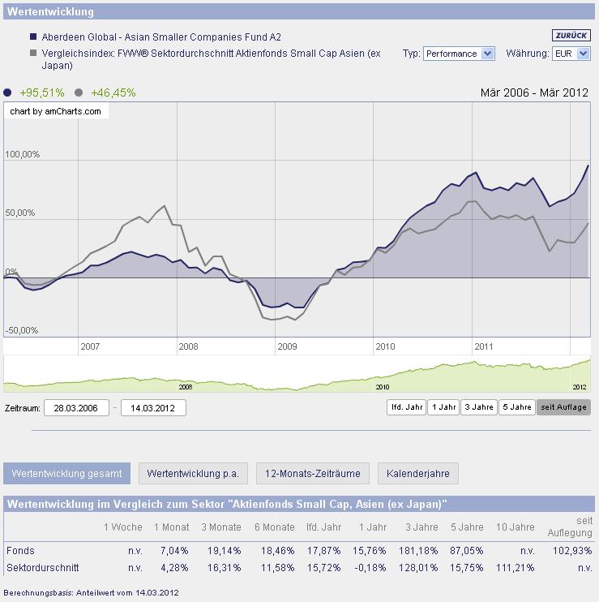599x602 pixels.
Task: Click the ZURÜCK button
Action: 571,36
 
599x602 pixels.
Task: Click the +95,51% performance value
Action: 41,92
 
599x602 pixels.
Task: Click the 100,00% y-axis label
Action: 23,154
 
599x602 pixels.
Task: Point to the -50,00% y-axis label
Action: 22,330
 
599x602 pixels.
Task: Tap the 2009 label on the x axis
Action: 287,346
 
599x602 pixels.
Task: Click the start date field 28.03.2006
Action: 76,407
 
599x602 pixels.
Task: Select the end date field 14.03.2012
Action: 153,407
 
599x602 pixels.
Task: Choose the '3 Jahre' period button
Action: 478,407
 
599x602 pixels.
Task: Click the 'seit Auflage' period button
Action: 563,407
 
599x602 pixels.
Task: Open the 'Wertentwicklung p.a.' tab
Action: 193,473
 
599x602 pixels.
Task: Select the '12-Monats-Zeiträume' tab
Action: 312,473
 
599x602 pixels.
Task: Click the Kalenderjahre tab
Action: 417,473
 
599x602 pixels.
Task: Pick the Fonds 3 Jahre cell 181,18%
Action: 418,550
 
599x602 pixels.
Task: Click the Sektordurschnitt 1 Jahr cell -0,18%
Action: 370,568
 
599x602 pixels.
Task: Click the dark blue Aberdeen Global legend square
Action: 33,37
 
